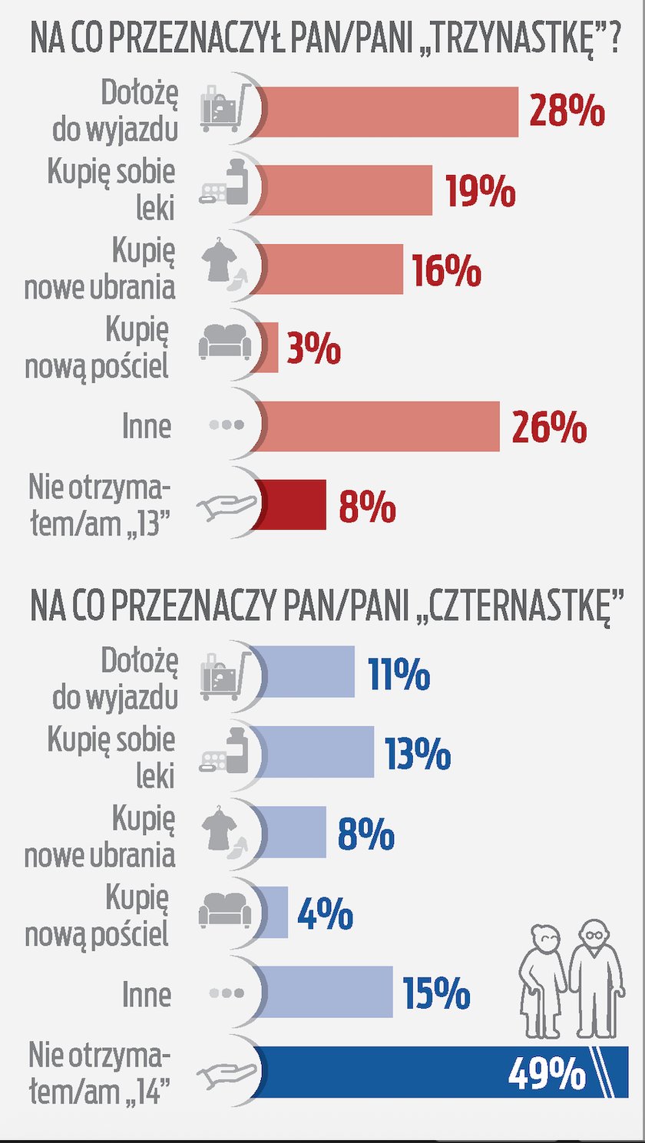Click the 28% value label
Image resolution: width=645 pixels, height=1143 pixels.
coord(567,111)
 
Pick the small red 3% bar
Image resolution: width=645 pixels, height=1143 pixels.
coord(270,347)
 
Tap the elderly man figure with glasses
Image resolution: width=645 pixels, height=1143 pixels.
coord(597,975)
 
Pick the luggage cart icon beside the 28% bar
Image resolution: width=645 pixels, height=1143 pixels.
coord(226,107)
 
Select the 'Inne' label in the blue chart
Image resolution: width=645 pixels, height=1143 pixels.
coord(146,995)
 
